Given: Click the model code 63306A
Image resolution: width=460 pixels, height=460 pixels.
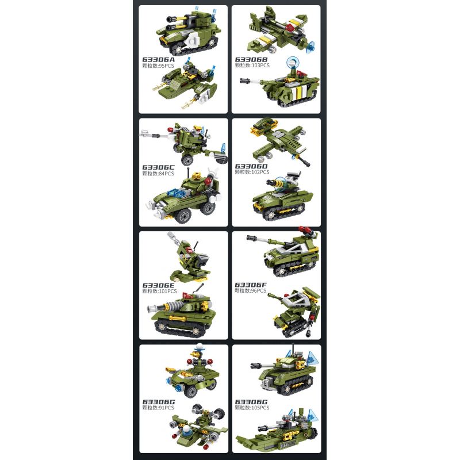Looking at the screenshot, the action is point(158,60).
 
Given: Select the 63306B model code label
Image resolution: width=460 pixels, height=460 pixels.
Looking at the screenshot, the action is point(251,60).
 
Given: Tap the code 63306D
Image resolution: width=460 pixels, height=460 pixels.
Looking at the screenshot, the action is point(251,166).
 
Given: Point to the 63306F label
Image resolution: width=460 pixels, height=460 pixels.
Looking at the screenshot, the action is point(251,285).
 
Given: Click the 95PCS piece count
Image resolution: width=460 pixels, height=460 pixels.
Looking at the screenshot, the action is point(166,66).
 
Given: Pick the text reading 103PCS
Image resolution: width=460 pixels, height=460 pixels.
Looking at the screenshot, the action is point(260,66).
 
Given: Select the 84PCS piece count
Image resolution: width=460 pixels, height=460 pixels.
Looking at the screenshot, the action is point(166,174).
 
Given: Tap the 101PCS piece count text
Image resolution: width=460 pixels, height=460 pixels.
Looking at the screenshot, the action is point(168,291).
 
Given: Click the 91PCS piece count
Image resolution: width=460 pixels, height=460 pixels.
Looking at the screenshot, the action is point(166,408).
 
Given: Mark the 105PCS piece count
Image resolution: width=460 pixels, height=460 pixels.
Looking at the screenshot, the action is point(260,408).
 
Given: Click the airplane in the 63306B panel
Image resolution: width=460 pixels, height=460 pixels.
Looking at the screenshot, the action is point(280,30).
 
